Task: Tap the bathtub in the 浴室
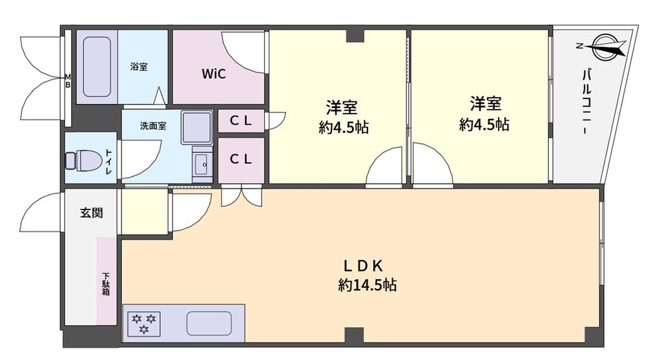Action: point(97,67)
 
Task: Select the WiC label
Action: point(213,74)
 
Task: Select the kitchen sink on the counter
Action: point(209,323)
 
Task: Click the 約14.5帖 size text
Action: point(367,284)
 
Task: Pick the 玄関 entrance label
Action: point(91,213)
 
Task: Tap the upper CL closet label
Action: point(240,121)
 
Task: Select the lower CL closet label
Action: point(240,159)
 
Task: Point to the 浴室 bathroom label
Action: point(139,66)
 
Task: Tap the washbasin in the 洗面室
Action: point(202,165)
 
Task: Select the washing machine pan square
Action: point(196,127)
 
